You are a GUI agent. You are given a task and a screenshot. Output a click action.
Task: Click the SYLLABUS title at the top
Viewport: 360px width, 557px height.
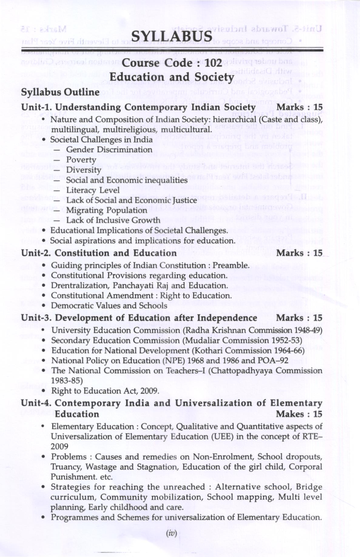(x=172, y=36)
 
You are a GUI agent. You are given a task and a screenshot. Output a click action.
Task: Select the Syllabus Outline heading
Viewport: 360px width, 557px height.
(x=60, y=92)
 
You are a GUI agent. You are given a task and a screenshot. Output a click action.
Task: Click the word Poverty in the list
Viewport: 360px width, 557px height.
(x=81, y=160)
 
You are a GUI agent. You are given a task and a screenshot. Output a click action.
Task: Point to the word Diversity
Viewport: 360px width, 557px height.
(x=83, y=170)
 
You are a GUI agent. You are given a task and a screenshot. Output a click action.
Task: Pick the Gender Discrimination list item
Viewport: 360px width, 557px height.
(x=109, y=150)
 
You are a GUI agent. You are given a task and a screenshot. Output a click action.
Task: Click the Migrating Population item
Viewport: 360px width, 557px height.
(x=106, y=210)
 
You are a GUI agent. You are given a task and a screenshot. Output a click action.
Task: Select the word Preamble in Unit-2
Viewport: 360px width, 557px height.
(x=230, y=266)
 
